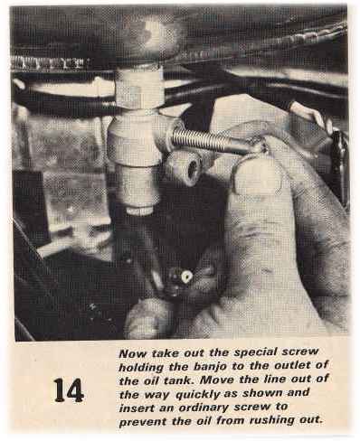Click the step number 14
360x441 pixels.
[69, 390]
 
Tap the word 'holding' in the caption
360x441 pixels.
[141, 367]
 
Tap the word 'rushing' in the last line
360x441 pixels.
[271, 420]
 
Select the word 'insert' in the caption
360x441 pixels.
[137, 408]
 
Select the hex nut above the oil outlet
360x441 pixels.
[139, 91]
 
